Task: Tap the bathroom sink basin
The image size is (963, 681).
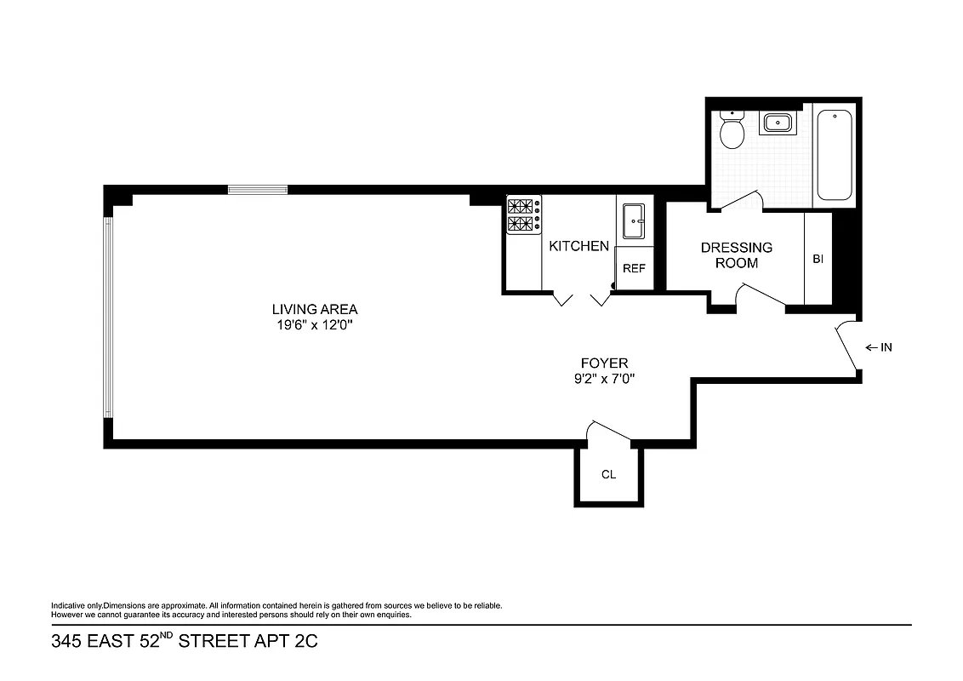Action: click(777, 123)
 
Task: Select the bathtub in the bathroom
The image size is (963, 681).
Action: click(835, 155)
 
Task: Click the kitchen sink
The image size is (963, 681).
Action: click(634, 221)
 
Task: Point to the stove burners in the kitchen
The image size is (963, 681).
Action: click(524, 215)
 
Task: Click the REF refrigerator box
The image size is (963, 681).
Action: click(634, 268)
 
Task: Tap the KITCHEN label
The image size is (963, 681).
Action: click(578, 247)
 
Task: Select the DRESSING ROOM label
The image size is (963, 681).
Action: click(737, 255)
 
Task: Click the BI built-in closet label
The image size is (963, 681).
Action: click(818, 259)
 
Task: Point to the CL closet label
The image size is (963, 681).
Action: click(608, 475)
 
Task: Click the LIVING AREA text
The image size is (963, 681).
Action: click(315, 309)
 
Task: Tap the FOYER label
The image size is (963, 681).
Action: click(604, 363)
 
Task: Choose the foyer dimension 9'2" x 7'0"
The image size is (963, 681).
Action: click(604, 380)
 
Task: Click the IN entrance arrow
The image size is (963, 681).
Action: click(878, 347)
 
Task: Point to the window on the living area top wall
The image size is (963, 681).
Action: click(258, 190)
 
